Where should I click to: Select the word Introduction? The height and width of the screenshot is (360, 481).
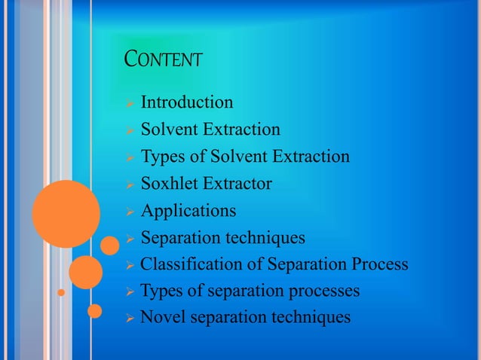coord(187,102)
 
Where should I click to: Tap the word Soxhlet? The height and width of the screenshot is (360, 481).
coord(170,184)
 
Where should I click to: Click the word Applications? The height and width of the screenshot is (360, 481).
coord(188,211)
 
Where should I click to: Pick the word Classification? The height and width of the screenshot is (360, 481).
coord(185,265)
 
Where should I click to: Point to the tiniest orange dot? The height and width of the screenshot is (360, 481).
coord(63,290)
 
